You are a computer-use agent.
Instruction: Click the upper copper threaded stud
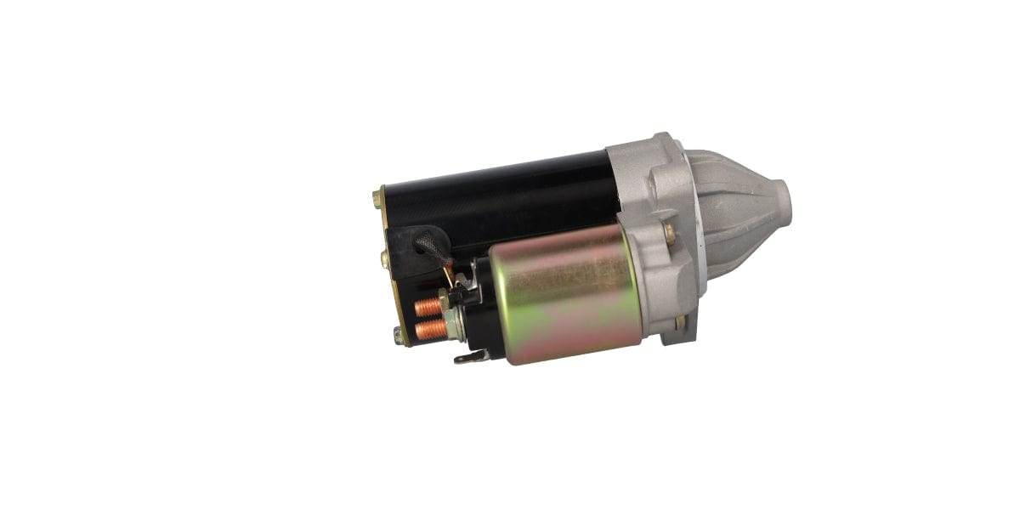(428, 306)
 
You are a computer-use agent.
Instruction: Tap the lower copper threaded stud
(429, 328)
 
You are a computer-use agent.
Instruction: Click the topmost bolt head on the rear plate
(377, 200)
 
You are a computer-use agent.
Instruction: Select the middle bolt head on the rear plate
(385, 256)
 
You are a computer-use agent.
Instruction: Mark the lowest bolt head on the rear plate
(398, 336)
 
